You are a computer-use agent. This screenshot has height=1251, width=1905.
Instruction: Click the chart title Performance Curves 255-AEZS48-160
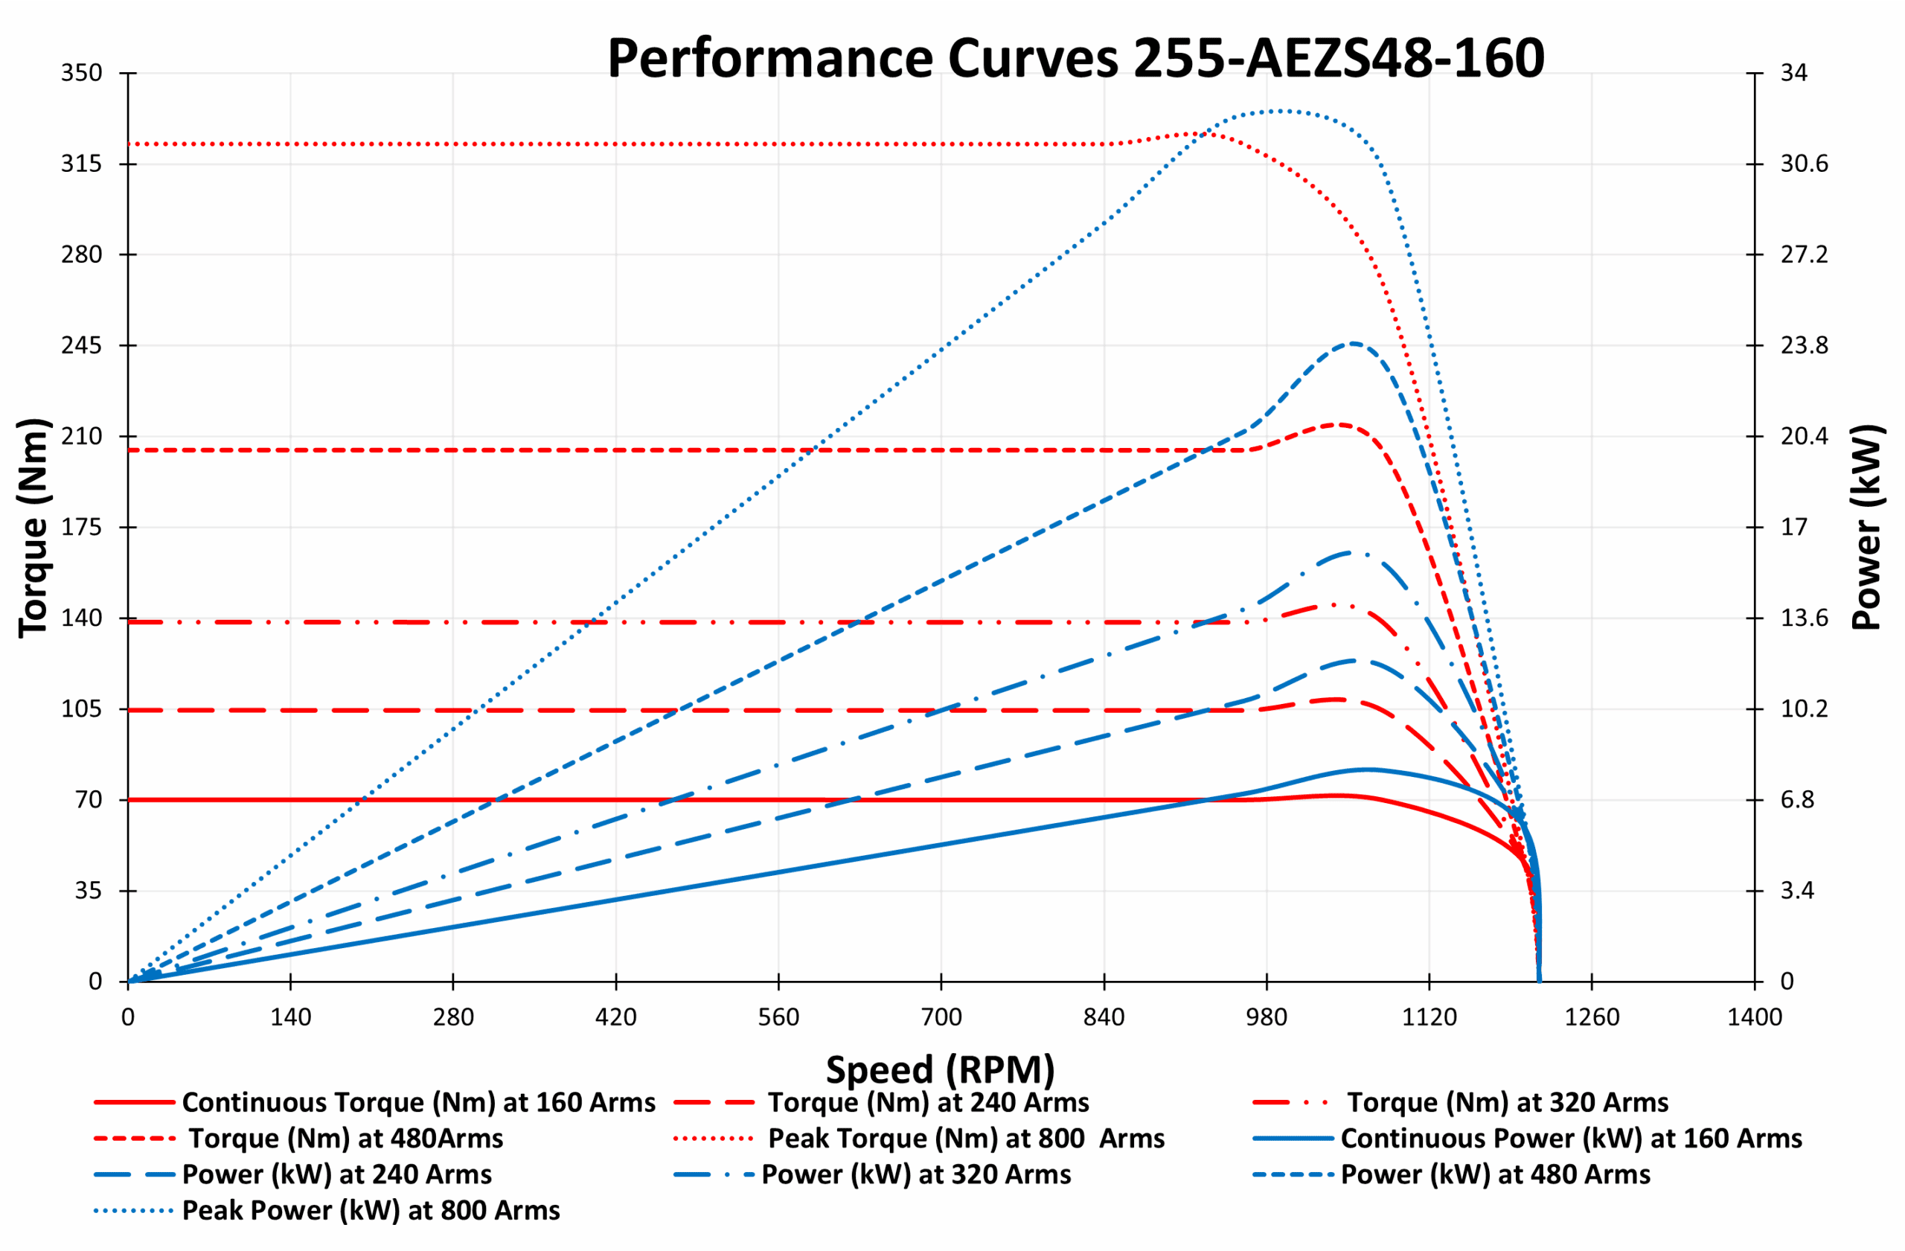[x=1075, y=59]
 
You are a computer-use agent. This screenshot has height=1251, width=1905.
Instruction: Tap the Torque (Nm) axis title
[x=33, y=528]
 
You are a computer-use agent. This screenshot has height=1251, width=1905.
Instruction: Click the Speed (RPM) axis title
[x=941, y=1069]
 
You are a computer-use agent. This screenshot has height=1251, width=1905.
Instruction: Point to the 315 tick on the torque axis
[x=82, y=164]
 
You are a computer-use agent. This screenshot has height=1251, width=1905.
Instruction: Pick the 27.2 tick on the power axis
[x=1804, y=255]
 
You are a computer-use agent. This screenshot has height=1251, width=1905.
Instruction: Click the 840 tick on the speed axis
[x=1104, y=1017]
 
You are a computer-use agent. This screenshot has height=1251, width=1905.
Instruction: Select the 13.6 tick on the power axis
[x=1804, y=618]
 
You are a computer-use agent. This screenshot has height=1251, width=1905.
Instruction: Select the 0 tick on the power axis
[x=1787, y=982]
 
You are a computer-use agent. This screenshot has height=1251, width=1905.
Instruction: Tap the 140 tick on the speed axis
[x=290, y=1017]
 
